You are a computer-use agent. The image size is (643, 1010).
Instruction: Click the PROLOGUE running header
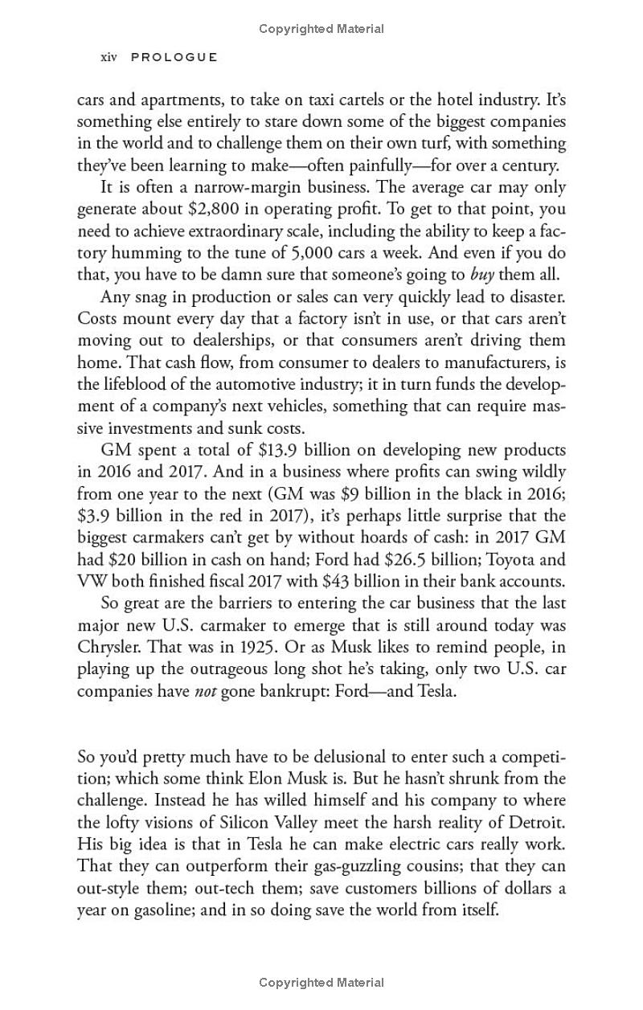pyautogui.click(x=174, y=57)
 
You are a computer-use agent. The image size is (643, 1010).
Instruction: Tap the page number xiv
pyautogui.click(x=109, y=57)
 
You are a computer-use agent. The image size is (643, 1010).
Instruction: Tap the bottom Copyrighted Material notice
pyautogui.click(x=321, y=982)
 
